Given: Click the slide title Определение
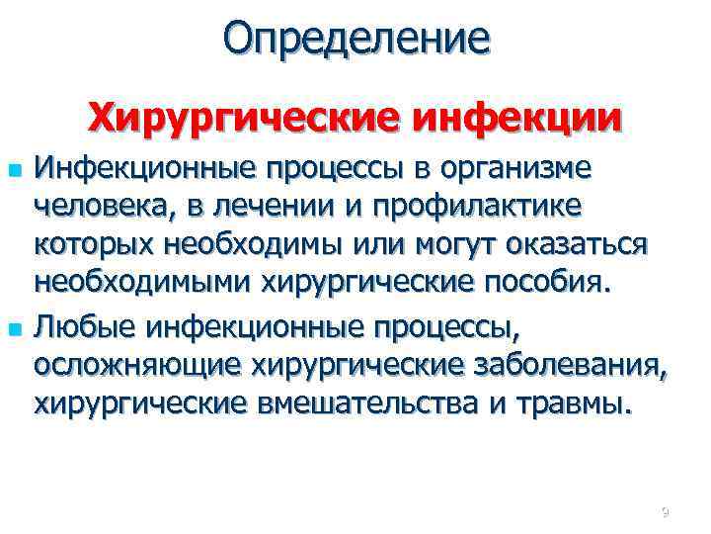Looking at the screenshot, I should (355, 39).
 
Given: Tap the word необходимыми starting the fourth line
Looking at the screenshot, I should (143, 286).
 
